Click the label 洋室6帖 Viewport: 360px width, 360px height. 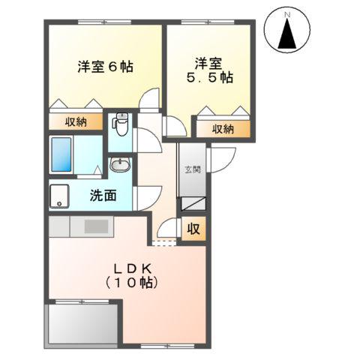[x=104, y=66]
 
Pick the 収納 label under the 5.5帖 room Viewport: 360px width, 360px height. [x=223, y=129]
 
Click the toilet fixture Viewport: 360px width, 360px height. [x=121, y=124]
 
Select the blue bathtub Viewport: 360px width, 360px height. [x=65, y=156]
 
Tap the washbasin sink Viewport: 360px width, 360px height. [x=119, y=165]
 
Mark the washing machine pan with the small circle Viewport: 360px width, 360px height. [x=60, y=197]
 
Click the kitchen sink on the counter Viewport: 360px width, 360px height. [x=96, y=226]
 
